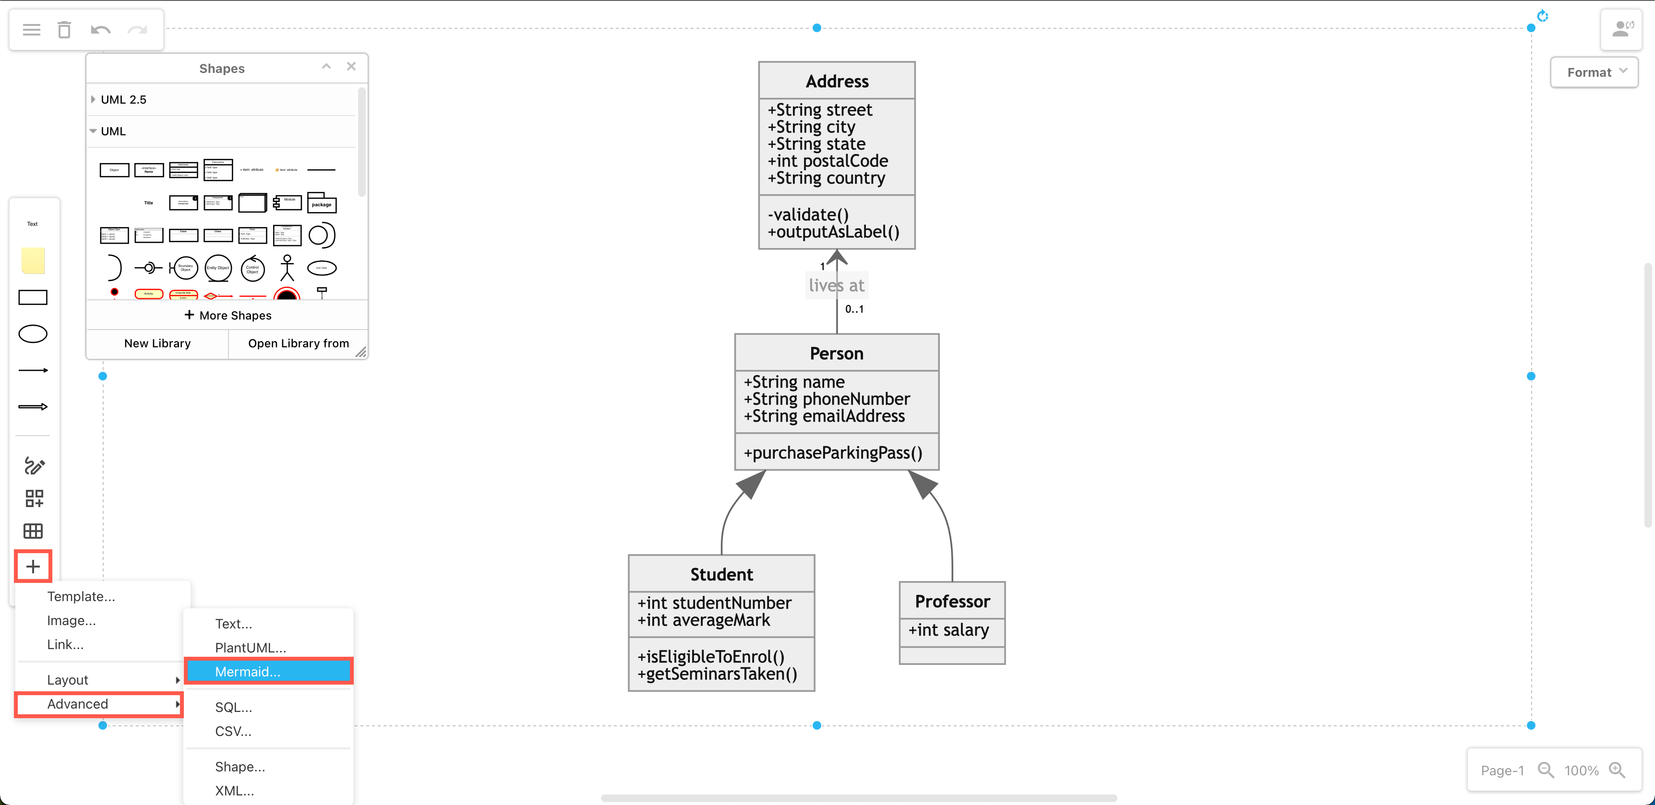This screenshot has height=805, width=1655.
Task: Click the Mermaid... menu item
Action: pos(247,672)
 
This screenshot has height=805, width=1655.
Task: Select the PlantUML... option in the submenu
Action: pos(250,647)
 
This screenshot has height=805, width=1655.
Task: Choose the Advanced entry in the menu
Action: pos(78,704)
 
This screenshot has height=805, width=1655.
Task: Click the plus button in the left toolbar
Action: pos(33,566)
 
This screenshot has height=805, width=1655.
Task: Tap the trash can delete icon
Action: pos(64,30)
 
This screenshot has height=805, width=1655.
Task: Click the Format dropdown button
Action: pos(1595,72)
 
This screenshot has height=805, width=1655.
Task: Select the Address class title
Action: pos(837,81)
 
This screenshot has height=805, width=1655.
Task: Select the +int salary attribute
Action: pos(948,630)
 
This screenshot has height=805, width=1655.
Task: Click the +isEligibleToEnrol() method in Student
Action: pos(710,656)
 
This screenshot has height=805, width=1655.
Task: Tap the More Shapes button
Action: pos(228,315)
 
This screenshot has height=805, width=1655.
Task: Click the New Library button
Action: pos(157,343)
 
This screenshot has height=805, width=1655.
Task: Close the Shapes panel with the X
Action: pos(351,66)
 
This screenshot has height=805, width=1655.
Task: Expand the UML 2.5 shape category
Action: pos(123,99)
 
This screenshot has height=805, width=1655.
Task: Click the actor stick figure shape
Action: pos(287,268)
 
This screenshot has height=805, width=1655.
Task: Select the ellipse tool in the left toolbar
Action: pos(33,334)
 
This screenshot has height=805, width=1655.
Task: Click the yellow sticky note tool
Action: pos(33,260)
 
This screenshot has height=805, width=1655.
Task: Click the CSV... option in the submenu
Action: pos(233,731)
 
